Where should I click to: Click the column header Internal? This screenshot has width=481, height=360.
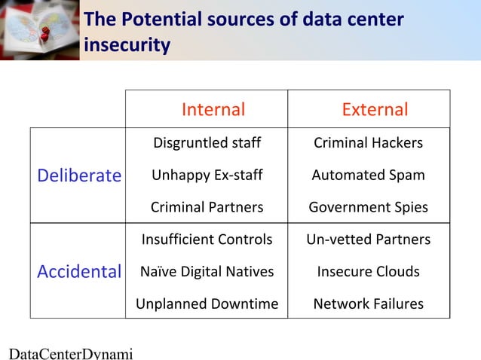coord(213,110)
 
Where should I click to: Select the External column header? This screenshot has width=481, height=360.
coord(375,110)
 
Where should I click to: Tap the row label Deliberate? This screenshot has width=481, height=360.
coord(79,175)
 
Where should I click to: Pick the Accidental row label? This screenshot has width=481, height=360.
coord(79,271)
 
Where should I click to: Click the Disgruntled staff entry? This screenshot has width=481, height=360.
coord(207,143)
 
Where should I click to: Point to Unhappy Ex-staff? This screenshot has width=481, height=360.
coord(207,175)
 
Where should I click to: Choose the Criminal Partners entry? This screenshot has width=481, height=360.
coord(207,207)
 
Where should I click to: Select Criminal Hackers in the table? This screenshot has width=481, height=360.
coord(368,143)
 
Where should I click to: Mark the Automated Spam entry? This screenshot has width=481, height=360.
coord(368,175)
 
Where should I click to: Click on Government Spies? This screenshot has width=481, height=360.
coord(368,207)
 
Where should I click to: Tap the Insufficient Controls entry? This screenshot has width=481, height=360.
coord(207,239)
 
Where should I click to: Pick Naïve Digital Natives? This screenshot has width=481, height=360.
coord(207,271)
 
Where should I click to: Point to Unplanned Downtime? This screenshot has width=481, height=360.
coord(207,304)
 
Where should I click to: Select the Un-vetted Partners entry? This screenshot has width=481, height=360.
coord(368,239)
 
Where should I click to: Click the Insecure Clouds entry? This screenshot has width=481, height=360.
coord(368,271)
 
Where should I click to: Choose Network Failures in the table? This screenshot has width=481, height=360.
coord(368,304)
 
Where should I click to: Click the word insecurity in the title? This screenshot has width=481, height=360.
coord(127,46)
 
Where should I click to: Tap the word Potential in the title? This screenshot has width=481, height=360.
coord(159,20)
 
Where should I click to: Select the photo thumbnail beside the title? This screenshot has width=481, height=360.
coord(39,29)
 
